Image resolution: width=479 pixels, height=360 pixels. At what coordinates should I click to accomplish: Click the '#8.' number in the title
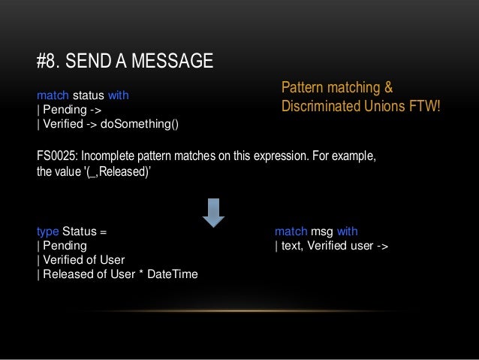[50, 61]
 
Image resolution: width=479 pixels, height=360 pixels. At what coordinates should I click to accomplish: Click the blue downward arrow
[214, 213]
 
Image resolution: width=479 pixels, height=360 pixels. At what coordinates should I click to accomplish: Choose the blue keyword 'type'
[48, 231]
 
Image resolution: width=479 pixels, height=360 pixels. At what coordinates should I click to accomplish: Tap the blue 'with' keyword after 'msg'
[347, 231]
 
